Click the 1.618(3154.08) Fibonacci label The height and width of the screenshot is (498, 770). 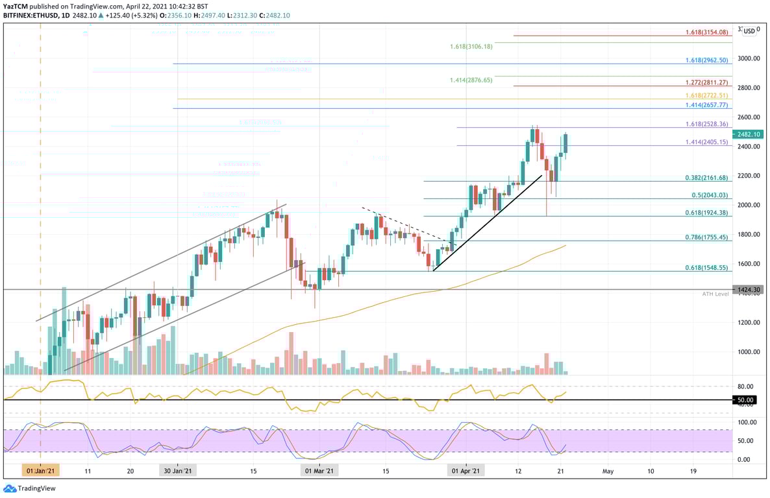point(706,32)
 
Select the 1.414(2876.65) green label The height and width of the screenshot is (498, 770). point(471,80)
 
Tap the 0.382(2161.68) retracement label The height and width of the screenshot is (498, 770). point(706,178)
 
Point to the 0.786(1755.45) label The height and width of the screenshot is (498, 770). point(706,237)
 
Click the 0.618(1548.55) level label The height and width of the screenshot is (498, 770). point(706,268)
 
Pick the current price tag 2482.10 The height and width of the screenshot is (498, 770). point(749,134)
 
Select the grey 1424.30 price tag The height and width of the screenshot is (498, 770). point(749,290)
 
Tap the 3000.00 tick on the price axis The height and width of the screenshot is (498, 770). point(749,58)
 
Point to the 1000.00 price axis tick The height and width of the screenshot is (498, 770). point(749,352)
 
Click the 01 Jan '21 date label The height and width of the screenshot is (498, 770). point(40,471)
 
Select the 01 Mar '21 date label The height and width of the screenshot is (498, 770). point(319,471)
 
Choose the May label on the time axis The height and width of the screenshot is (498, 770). point(608,471)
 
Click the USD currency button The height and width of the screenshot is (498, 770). point(750,30)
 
